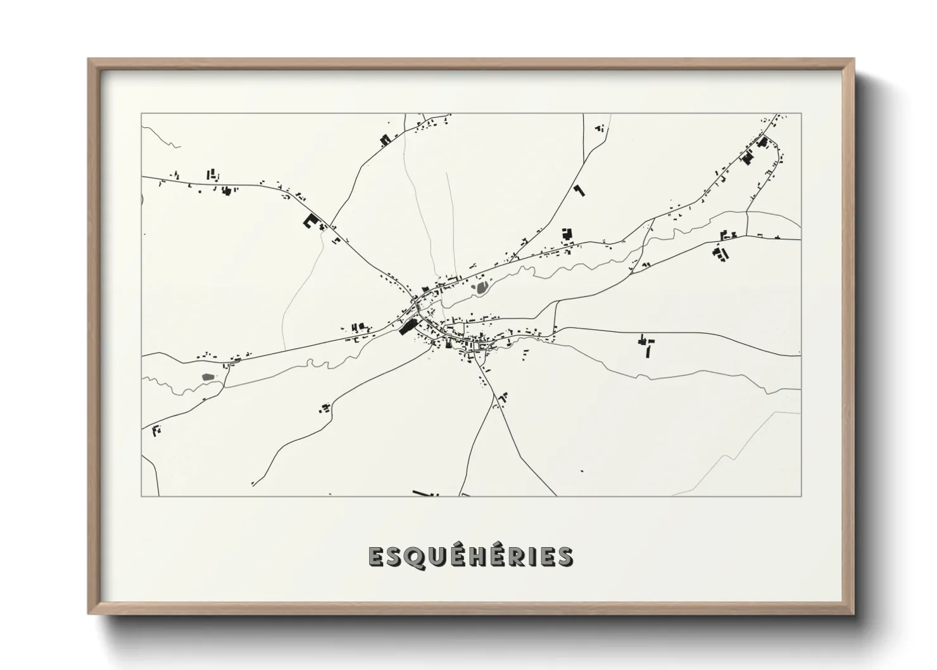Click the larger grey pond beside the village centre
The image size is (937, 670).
click(x=482, y=289)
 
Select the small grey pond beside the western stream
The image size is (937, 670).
click(x=207, y=377)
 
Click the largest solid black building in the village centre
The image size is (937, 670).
click(x=408, y=327)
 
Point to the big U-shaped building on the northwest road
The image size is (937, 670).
click(x=310, y=221)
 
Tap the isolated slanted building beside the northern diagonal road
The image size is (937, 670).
click(x=579, y=189)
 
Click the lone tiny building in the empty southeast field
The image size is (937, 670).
click(x=582, y=471)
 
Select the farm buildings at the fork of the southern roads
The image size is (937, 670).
click(x=504, y=399)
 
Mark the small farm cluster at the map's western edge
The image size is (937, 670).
click(x=156, y=431)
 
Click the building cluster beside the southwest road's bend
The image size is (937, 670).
click(x=325, y=408)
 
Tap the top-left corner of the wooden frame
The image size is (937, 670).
click(x=89, y=60)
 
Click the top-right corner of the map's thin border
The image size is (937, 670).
click(x=801, y=114)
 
